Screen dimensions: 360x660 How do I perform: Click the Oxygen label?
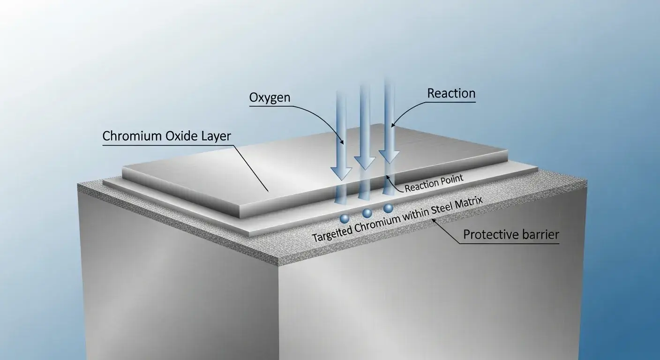tap(270, 97)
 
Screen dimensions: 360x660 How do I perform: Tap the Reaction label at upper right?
tap(451, 93)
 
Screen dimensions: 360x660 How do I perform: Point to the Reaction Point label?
tap(434, 183)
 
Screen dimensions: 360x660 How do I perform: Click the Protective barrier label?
tap(511, 234)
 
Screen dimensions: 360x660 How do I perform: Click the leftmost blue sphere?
tap(345, 218)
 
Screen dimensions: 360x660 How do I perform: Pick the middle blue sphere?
tap(367, 213)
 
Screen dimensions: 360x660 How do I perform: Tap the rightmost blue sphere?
tap(388, 208)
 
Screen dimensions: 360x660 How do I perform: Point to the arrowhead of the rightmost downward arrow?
tap(389, 157)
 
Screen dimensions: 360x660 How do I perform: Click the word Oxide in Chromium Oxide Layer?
tap(179, 136)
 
